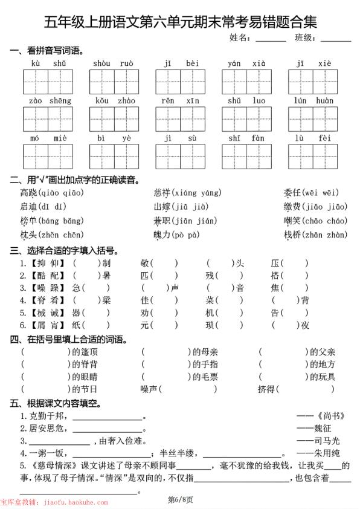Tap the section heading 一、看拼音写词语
(47, 50)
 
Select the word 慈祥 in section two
(162, 193)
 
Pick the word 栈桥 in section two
(292, 234)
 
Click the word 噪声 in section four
(150, 389)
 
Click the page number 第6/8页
(180, 499)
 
